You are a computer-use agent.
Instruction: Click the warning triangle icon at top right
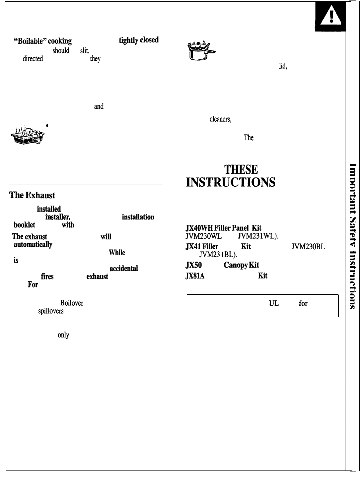pos(330,19)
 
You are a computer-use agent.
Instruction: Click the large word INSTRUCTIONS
pos(231,182)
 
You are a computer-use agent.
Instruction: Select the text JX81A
pos(195,276)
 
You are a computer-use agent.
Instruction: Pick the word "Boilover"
pos(72,303)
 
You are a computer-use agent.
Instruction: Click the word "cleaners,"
pos(220,120)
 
